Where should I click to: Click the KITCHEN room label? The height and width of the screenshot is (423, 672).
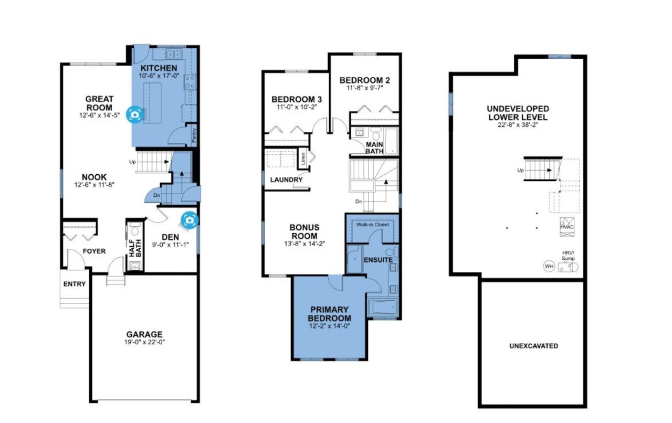point(158,68)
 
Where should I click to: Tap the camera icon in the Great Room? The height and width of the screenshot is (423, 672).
point(135,115)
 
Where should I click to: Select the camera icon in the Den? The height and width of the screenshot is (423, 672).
point(189,219)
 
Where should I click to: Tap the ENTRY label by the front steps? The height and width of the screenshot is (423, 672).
point(75,284)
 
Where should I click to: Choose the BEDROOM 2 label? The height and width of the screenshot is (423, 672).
point(365,80)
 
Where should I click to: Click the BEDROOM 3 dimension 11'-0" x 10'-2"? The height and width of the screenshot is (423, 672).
point(297,107)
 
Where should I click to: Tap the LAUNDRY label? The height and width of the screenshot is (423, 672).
point(286,180)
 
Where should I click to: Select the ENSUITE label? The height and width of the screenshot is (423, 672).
point(378,260)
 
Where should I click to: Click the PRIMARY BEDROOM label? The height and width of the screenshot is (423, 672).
point(329,314)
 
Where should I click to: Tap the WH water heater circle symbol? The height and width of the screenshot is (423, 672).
point(549,266)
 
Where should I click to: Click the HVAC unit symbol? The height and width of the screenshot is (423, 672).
point(568,226)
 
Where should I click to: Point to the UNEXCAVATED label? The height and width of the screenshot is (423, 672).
point(533,346)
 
